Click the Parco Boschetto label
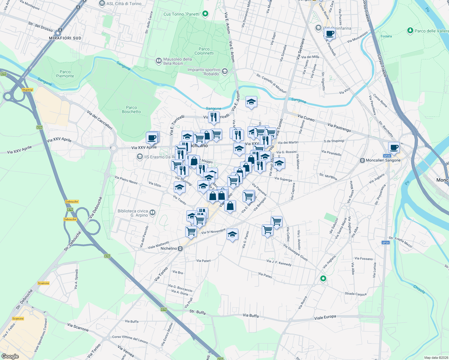point(131,109)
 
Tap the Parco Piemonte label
point(65,74)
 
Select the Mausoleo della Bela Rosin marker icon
point(158,61)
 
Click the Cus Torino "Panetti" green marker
point(205,13)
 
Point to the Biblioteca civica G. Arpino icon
point(152,213)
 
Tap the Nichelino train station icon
point(180,248)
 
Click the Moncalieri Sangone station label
point(383,160)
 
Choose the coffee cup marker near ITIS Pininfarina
point(330,34)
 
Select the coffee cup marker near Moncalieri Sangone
point(394,147)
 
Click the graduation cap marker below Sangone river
point(251,102)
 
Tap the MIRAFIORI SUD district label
point(65,38)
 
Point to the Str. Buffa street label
point(197,312)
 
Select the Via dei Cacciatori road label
point(100,120)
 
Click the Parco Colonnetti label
point(204,51)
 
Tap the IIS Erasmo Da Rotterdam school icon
point(140,157)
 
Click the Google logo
point(10,356)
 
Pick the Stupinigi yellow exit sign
point(27,90)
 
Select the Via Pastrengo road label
point(339,127)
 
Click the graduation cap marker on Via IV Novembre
point(232,234)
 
